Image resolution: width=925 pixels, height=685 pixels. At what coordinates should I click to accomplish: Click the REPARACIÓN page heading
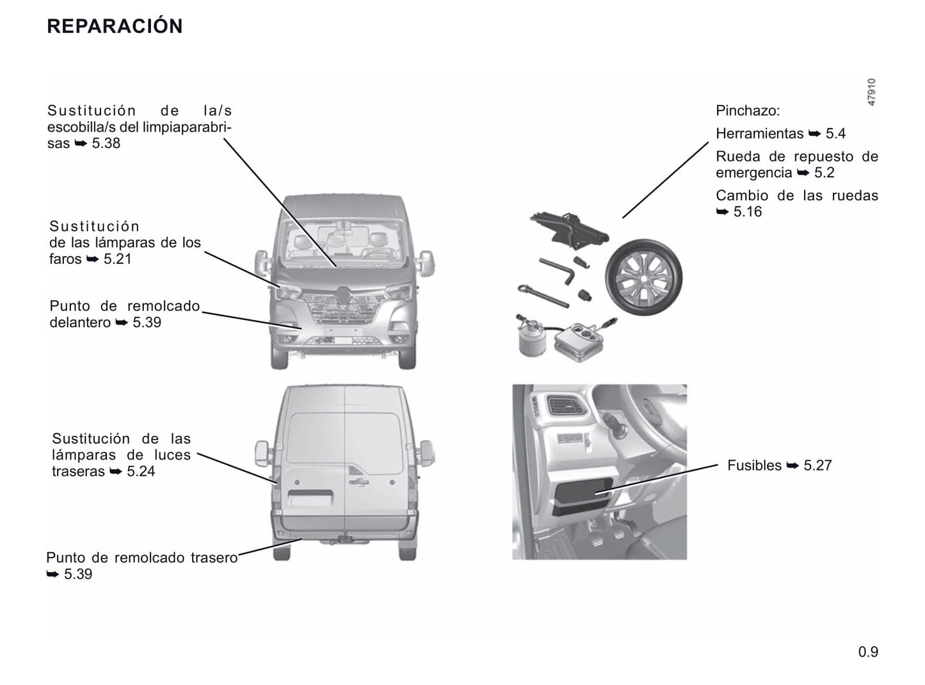tap(115, 26)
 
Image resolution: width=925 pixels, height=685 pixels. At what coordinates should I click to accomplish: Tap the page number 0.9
tap(868, 652)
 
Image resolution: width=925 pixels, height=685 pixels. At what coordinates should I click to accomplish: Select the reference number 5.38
tap(106, 143)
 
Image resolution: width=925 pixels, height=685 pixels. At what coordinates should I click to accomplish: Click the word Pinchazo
tap(747, 111)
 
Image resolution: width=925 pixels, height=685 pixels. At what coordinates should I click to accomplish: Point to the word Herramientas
tap(759, 134)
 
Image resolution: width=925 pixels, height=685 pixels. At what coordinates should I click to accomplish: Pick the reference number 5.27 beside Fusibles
tap(817, 465)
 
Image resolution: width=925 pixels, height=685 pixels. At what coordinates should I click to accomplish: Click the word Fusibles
tap(754, 465)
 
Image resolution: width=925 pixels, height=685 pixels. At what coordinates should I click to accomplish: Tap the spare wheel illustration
tap(643, 277)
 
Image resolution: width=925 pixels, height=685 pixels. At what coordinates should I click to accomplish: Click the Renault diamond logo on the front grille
tap(344, 295)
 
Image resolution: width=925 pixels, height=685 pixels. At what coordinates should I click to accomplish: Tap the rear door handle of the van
tap(358, 482)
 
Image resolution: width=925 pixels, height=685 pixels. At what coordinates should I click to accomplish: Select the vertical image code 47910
tap(872, 92)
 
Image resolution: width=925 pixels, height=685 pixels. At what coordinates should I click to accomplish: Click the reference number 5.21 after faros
tap(117, 259)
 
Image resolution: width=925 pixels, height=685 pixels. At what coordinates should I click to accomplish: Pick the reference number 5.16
tap(747, 211)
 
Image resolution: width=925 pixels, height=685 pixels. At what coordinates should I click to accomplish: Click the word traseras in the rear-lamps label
tap(78, 471)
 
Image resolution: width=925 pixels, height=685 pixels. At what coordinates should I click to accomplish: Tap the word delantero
tap(80, 322)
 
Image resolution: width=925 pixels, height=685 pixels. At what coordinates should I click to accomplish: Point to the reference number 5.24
tap(141, 471)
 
